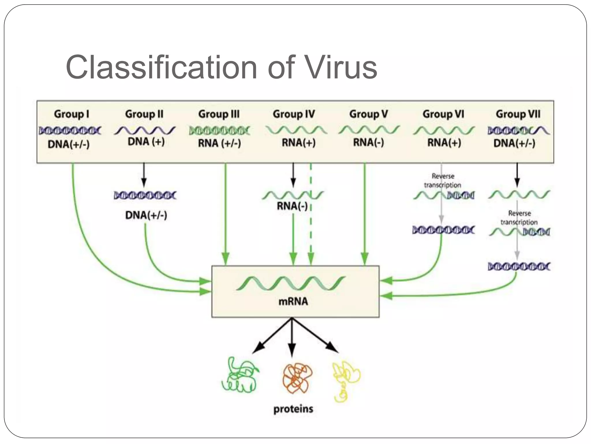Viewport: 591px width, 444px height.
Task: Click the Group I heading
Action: [x=71, y=114]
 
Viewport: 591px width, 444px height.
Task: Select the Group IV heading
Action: [x=293, y=114]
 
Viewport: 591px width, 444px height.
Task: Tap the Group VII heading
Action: [x=518, y=114]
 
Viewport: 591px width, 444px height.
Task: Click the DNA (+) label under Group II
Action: [x=146, y=142]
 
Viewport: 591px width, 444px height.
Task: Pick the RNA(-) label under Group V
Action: [x=368, y=143]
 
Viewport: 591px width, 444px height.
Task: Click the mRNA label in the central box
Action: [x=293, y=301]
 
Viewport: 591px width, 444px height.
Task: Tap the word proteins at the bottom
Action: [x=293, y=409]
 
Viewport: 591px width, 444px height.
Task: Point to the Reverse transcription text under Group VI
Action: [x=443, y=181]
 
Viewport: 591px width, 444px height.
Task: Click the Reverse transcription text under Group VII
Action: [x=519, y=218]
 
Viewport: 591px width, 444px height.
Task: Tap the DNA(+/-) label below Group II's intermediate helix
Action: [x=146, y=215]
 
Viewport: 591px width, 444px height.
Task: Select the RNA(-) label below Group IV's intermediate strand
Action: [x=292, y=206]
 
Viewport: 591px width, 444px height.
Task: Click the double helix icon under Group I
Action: [x=70, y=131]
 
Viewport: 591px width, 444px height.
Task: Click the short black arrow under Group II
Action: [x=144, y=175]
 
